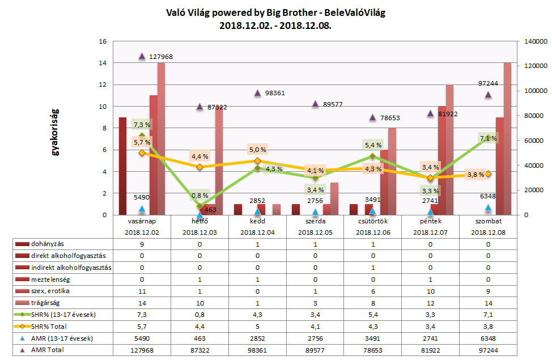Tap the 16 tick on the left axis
coord(103,42)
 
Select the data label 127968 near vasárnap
coord(160,57)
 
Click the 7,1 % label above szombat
coord(489,138)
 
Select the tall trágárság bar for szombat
coord(507,138)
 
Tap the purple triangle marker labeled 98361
coord(257,93)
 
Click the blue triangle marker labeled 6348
coord(488,208)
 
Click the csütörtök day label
coord(372,221)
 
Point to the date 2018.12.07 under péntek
coord(430,232)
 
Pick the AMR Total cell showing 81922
coord(430,350)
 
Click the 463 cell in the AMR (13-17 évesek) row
coord(199,338)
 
